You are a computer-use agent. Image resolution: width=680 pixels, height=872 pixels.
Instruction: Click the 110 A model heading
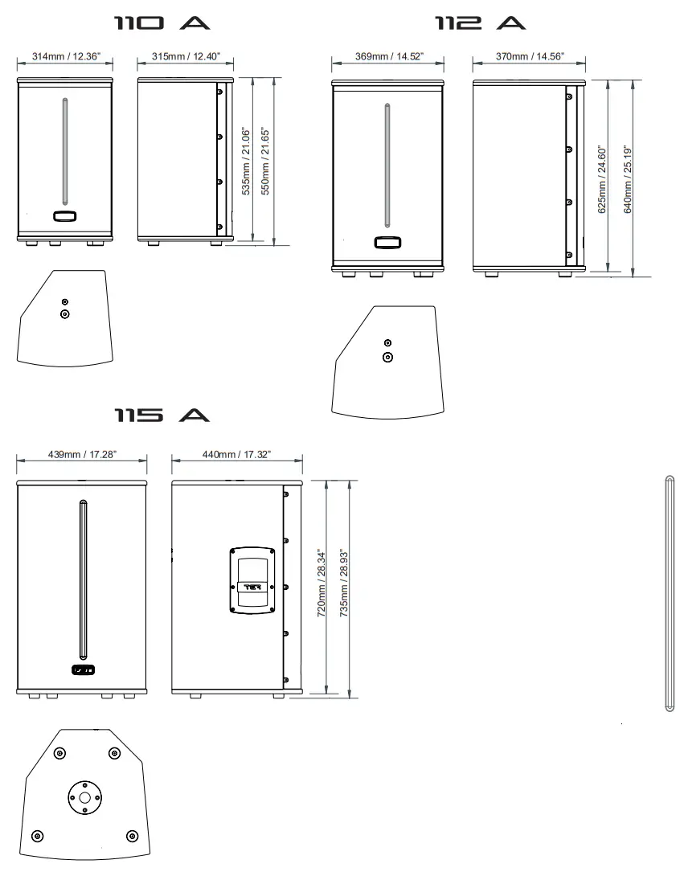[162, 23]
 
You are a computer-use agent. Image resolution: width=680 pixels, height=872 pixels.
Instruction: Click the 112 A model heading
[480, 23]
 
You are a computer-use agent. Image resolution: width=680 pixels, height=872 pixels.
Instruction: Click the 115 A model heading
[162, 415]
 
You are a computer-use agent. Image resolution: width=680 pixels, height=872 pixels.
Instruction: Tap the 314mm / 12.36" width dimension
[66, 56]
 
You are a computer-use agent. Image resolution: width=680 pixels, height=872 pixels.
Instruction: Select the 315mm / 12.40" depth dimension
[186, 56]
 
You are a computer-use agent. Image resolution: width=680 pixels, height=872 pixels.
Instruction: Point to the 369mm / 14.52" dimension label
[389, 56]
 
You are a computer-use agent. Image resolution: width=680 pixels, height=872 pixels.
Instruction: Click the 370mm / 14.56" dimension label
[530, 56]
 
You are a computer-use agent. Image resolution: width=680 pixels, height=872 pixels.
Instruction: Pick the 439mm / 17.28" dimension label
[82, 454]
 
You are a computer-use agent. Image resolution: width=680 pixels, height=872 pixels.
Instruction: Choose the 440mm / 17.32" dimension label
[236, 454]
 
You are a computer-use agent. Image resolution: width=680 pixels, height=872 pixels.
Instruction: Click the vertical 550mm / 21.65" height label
[265, 162]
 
